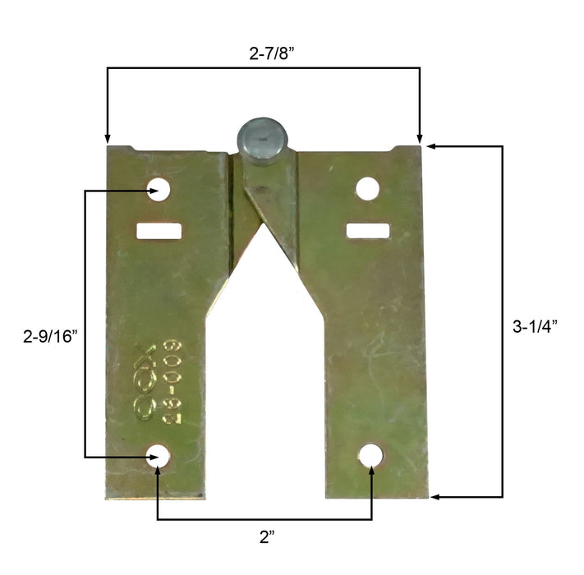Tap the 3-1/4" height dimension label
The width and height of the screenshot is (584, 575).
(535, 325)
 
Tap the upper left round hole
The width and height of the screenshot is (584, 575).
(160, 191)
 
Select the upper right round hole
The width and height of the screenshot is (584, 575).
(367, 190)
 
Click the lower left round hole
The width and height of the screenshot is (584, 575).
(158, 457)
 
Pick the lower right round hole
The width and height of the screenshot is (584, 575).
(371, 455)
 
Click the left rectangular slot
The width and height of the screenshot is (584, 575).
(159, 231)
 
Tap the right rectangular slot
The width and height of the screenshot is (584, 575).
(367, 231)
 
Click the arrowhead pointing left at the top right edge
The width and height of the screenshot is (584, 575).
(430, 145)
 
